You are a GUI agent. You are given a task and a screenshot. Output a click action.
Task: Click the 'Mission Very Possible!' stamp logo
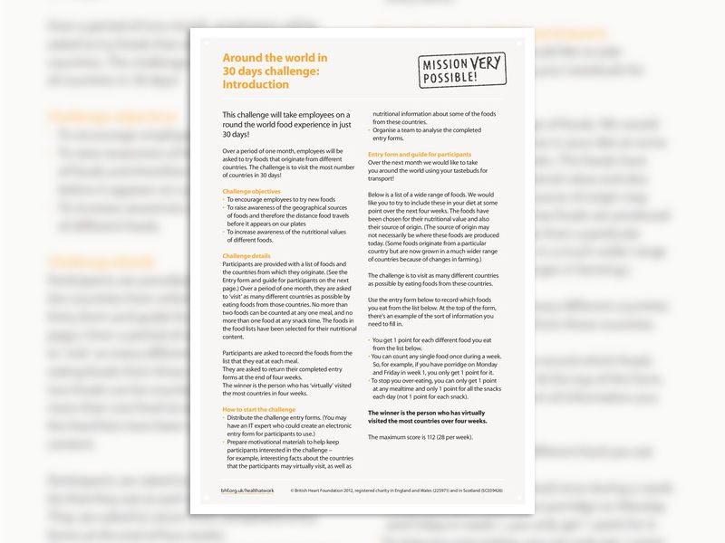click(x=462, y=70)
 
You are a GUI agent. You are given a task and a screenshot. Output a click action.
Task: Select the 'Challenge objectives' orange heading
click(x=252, y=191)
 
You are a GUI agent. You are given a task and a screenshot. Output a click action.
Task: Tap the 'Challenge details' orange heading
click(x=247, y=256)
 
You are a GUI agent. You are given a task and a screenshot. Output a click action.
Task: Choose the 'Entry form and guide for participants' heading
click(x=420, y=155)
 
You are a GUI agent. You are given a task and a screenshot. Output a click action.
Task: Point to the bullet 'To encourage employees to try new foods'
click(x=281, y=198)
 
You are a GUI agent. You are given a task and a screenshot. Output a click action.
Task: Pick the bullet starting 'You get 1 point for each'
click(x=429, y=344)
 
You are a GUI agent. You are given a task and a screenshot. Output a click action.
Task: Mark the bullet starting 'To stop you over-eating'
click(x=432, y=387)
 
